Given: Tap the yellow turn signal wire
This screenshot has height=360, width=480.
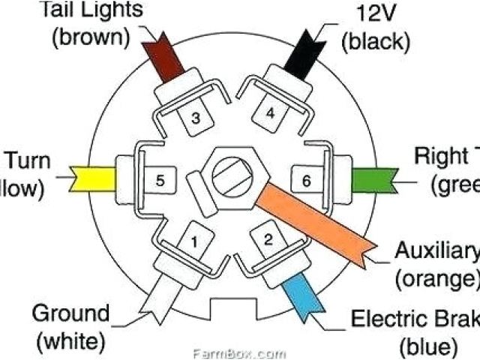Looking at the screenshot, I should [94, 178].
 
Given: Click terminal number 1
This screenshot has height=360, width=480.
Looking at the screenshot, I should [193, 242].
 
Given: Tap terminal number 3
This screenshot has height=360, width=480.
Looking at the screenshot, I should [194, 118].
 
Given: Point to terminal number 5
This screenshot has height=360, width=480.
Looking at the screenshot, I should [160, 180].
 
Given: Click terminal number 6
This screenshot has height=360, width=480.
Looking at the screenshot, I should [305, 180].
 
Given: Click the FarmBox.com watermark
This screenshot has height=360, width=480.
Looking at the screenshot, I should [239, 352].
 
